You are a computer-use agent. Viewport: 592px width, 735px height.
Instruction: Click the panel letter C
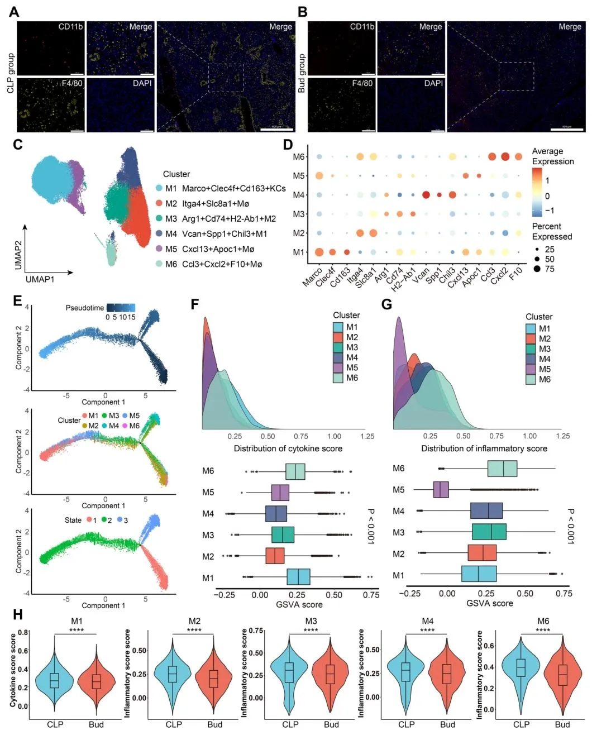point(18,145)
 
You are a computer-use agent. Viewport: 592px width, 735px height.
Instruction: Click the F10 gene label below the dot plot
point(515,274)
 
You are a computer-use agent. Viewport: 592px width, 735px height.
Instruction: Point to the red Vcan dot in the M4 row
point(426,195)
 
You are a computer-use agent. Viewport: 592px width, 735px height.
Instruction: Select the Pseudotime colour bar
point(121,308)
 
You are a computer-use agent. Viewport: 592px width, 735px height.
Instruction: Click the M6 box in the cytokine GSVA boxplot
point(295,471)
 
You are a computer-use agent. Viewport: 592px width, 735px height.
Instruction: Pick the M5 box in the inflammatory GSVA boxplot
point(441,490)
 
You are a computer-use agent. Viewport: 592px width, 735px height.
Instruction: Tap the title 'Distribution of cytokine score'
point(288,448)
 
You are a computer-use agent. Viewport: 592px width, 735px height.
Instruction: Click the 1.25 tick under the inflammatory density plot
point(562,436)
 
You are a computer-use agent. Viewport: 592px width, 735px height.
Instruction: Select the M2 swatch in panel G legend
point(531,338)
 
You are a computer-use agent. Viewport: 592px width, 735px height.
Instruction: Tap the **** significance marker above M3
point(311,631)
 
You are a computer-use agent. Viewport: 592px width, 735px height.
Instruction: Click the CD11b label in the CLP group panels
point(70,27)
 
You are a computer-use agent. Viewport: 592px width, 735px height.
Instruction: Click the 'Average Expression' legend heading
point(552,156)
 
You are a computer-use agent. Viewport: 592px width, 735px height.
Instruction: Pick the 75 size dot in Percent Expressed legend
point(537,269)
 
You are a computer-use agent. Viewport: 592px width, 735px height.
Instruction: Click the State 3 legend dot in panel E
point(119,520)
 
